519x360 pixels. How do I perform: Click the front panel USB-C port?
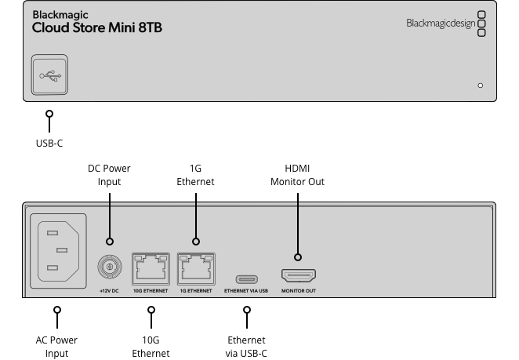49,75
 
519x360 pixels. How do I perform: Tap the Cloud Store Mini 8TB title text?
97,27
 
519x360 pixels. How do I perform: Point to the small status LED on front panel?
480,85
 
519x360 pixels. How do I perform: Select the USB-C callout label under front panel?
49,144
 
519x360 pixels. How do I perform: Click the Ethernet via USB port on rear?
247,278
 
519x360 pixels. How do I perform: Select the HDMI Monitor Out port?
298,276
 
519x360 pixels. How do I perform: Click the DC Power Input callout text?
109,175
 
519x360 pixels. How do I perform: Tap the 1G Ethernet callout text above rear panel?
195,175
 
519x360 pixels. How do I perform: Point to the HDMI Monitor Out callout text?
297,175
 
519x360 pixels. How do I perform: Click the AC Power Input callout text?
56,347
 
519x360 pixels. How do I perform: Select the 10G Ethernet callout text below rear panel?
151,347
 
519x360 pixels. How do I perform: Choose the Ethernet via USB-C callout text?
246,347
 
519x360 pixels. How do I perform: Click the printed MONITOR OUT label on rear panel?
298,291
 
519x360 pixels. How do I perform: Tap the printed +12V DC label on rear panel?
110,291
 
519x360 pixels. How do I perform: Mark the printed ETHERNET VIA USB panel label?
246,291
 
